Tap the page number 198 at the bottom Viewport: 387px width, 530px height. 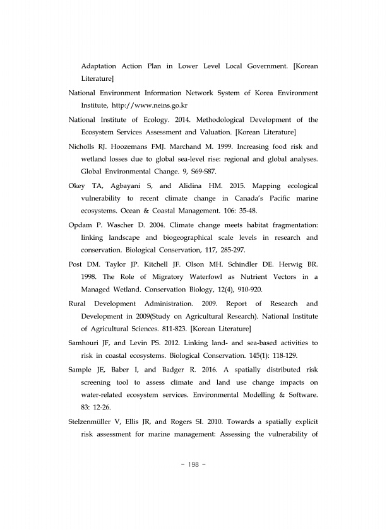tap(193, 465)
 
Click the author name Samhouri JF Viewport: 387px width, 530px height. tap(91, 343)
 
